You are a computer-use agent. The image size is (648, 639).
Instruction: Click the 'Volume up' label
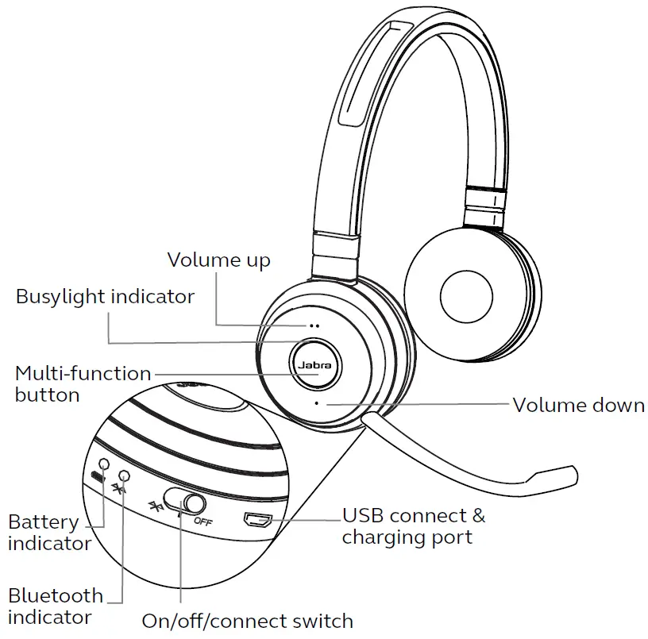218,260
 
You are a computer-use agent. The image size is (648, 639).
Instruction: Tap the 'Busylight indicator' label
105,297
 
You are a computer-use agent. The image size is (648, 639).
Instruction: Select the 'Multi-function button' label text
83,384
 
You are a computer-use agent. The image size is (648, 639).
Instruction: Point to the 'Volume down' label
579,405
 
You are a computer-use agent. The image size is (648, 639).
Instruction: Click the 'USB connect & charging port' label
414,526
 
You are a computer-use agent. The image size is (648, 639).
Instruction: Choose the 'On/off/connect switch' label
248,621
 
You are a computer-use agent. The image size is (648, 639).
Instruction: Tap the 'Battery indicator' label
49,533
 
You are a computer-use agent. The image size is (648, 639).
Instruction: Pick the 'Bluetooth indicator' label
56,606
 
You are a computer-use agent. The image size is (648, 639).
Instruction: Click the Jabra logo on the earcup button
315,365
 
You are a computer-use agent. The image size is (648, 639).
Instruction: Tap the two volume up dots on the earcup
314,326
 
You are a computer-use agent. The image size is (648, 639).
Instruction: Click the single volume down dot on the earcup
317,403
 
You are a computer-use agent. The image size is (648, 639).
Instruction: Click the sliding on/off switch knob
195,504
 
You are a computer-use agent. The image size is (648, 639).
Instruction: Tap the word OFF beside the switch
203,522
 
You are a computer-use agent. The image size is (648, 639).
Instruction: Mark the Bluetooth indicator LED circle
125,475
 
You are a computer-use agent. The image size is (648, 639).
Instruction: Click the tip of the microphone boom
575,475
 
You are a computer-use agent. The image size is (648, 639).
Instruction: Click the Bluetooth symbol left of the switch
156,506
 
